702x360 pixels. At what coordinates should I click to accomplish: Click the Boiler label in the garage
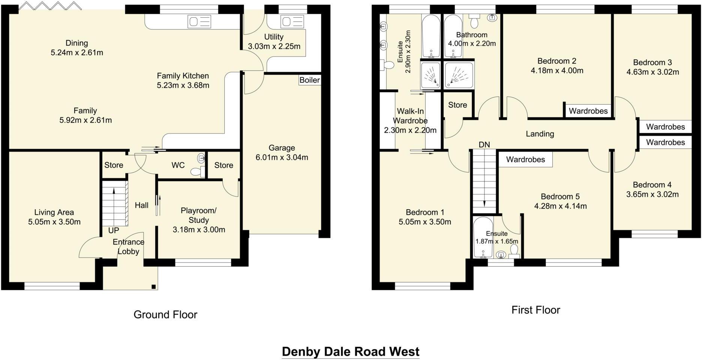[x=309, y=80]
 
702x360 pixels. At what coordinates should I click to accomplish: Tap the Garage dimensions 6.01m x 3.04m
[x=282, y=157]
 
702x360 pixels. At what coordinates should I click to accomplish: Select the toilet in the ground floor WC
[x=197, y=172]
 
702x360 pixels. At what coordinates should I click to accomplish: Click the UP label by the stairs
[x=113, y=230]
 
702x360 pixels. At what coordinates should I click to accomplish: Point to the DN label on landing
[x=484, y=145]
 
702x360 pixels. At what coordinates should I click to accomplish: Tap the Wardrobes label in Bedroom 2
[x=588, y=111]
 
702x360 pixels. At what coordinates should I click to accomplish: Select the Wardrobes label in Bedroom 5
[x=525, y=160]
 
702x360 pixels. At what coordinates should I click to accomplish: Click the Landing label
[x=540, y=134]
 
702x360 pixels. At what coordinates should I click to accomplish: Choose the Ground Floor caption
[x=165, y=315]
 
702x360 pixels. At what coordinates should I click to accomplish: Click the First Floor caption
[x=535, y=310]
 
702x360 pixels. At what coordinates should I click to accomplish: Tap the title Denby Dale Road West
[x=351, y=352]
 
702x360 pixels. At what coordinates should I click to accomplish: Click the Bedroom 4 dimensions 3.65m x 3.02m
[x=652, y=195]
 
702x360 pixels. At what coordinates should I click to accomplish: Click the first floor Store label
[x=457, y=105]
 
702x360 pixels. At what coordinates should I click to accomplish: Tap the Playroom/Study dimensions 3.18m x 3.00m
[x=199, y=230]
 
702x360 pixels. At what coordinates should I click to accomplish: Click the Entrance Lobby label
[x=128, y=247]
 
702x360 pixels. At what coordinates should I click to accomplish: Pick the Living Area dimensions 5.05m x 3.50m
[x=54, y=222]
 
